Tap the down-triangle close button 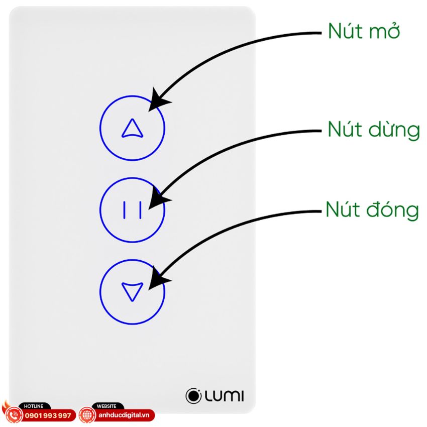pos(132,291)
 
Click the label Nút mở pos(364,32)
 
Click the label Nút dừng pos(373,130)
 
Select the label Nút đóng pos(372,209)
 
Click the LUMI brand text pos(224,396)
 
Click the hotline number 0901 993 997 pos(48,416)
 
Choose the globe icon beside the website pos(86,415)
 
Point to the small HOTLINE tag pos(34,406)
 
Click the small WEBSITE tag pos(106,406)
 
